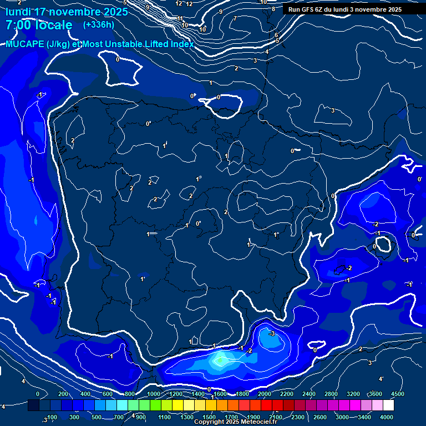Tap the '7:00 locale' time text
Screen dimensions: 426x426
tap(39, 25)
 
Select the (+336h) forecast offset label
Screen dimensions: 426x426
tap(99, 24)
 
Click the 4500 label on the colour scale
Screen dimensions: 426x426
tap(398, 394)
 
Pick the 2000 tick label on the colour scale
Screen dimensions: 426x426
tap(265, 394)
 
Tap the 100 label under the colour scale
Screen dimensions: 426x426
tap(53, 417)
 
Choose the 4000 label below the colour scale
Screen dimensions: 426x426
tap(387, 417)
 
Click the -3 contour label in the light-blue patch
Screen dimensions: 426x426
tap(272, 333)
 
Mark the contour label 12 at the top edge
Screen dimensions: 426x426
tap(179, 3)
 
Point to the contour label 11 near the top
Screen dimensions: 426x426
tap(180, 18)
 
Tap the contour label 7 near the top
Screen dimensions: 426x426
tap(235, 18)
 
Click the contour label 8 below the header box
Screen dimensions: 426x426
tap(273, 9)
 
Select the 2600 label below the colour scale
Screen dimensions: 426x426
tap(320, 417)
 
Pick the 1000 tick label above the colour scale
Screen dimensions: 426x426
tap(154, 394)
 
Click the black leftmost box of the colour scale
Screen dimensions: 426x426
tap(33, 405)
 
